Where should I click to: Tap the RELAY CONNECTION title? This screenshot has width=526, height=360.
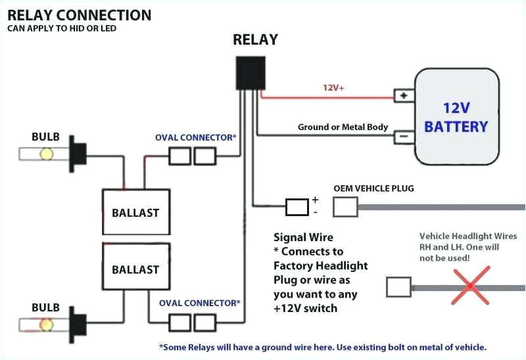tap(80, 14)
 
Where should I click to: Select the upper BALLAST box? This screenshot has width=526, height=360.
tap(135, 212)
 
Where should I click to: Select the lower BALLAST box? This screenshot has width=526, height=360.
tap(135, 269)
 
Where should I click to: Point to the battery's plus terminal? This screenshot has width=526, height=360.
tap(403, 96)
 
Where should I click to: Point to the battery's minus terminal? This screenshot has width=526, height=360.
tap(403, 137)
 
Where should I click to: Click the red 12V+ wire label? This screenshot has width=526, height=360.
tap(333, 87)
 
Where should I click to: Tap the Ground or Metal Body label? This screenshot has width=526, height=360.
tap(343, 127)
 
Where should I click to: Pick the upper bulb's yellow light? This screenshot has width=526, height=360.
tap(47, 154)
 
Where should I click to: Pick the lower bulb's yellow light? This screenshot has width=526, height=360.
tap(47, 324)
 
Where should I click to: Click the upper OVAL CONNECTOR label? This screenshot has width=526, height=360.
tap(196, 137)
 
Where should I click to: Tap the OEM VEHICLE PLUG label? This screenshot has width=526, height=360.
tap(373, 189)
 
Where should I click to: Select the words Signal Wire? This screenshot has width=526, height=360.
tap(303, 237)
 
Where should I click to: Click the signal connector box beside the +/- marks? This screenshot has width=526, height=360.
tap(297, 208)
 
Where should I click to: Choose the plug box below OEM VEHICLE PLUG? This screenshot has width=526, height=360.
tap(345, 208)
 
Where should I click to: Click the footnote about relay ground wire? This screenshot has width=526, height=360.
tap(322, 347)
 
